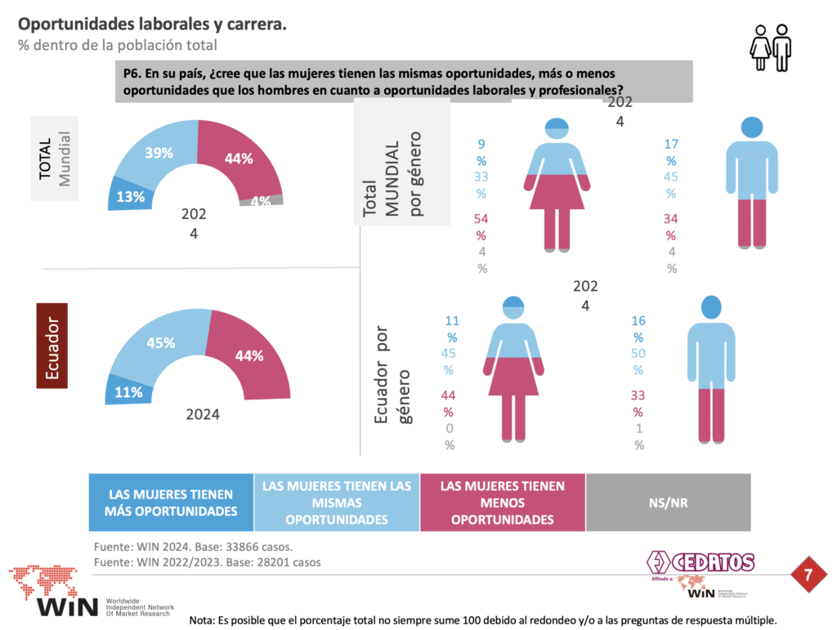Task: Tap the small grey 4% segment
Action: coord(262,201)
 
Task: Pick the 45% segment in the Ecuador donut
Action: coord(161,342)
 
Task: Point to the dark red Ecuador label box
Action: coord(52,345)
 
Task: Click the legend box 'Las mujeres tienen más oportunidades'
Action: coord(171,503)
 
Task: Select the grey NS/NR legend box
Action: coord(668,503)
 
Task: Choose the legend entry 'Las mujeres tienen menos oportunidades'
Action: coord(502,503)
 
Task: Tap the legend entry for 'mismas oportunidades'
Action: coord(336,503)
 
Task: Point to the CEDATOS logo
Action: coord(701,562)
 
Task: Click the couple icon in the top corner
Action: coord(770,47)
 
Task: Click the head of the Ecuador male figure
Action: coord(710,306)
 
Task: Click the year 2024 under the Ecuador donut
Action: coord(202,414)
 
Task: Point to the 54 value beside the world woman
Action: coord(481,218)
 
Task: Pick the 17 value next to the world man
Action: coord(672,144)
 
